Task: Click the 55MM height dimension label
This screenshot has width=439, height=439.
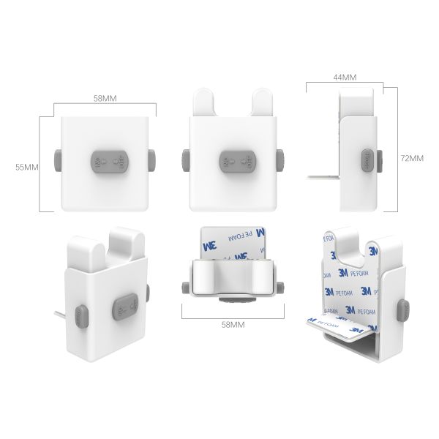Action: pyautogui.click(x=27, y=167)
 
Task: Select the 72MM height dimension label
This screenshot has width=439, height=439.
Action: pyautogui.click(x=413, y=158)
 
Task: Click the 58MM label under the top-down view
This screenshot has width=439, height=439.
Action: pyautogui.click(x=232, y=323)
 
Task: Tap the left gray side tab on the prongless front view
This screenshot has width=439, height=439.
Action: pyautogui.click(x=59, y=161)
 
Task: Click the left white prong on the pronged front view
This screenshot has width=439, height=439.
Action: pyautogui.click(x=203, y=102)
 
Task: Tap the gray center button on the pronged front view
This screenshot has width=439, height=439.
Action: pyautogui.click(x=236, y=161)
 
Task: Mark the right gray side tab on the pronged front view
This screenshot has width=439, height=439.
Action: pyautogui.click(x=280, y=160)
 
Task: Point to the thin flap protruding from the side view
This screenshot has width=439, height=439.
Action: pyautogui.click(x=322, y=176)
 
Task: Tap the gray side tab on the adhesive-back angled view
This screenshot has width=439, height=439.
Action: pyautogui.click(x=401, y=311)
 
